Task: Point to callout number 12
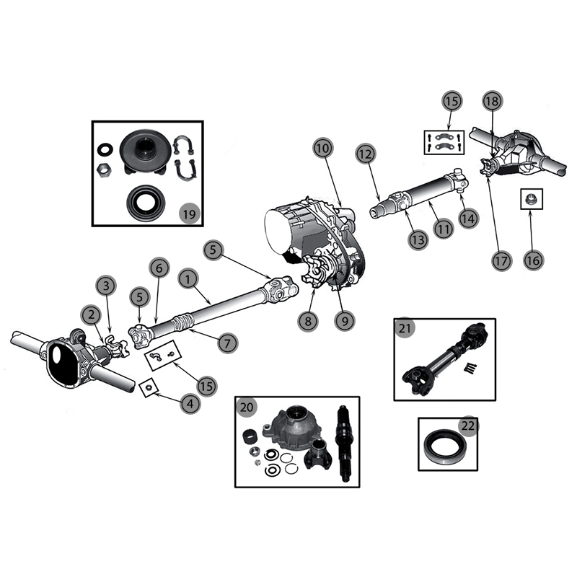pos(366,154)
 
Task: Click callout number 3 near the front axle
pos(106,286)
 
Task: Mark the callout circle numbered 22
pos(468,426)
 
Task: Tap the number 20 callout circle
pos(247,408)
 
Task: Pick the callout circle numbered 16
pos(532,260)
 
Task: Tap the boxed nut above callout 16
pos(531,198)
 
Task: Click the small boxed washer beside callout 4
pos(148,388)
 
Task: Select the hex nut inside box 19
pos(104,169)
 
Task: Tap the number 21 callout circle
pos(405,329)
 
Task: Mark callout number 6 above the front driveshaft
pos(159,267)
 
